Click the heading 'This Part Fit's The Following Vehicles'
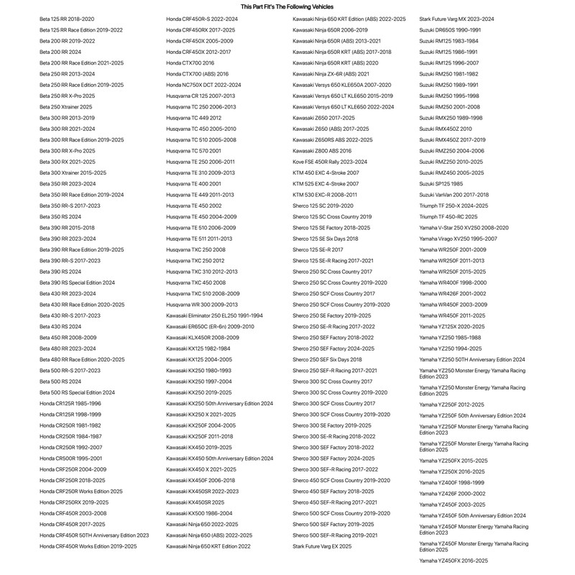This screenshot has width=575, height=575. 287,6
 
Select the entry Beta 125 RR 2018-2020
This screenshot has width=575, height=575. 67,19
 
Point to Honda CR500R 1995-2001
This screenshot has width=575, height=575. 70,458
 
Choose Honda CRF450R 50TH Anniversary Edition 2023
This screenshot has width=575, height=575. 94,535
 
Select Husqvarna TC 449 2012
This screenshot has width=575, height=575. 193,118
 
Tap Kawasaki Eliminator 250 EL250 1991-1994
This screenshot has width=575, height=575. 214,316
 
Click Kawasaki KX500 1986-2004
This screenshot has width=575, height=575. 199,513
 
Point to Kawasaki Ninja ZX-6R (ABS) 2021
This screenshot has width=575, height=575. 331,73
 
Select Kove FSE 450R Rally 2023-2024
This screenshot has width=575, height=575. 330,162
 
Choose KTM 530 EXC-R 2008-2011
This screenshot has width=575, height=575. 325,195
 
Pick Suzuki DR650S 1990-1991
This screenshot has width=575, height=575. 450,29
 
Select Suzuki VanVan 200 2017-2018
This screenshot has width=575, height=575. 454,195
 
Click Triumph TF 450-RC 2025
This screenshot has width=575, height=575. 448,216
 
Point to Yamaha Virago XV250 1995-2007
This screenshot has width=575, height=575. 458,239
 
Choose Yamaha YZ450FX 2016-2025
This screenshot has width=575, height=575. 454,561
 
